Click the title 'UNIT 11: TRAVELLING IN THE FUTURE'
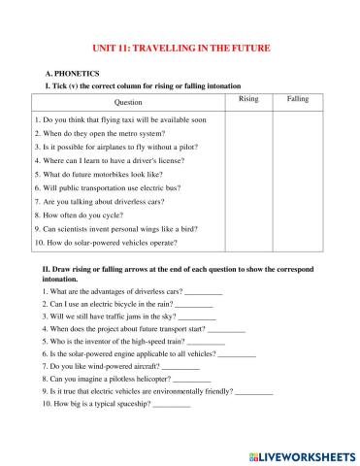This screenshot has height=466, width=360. tap(180, 48)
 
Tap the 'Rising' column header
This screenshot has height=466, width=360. tap(248, 99)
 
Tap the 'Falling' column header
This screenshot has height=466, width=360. tap(298, 99)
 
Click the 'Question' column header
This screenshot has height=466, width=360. tap(128, 102)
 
